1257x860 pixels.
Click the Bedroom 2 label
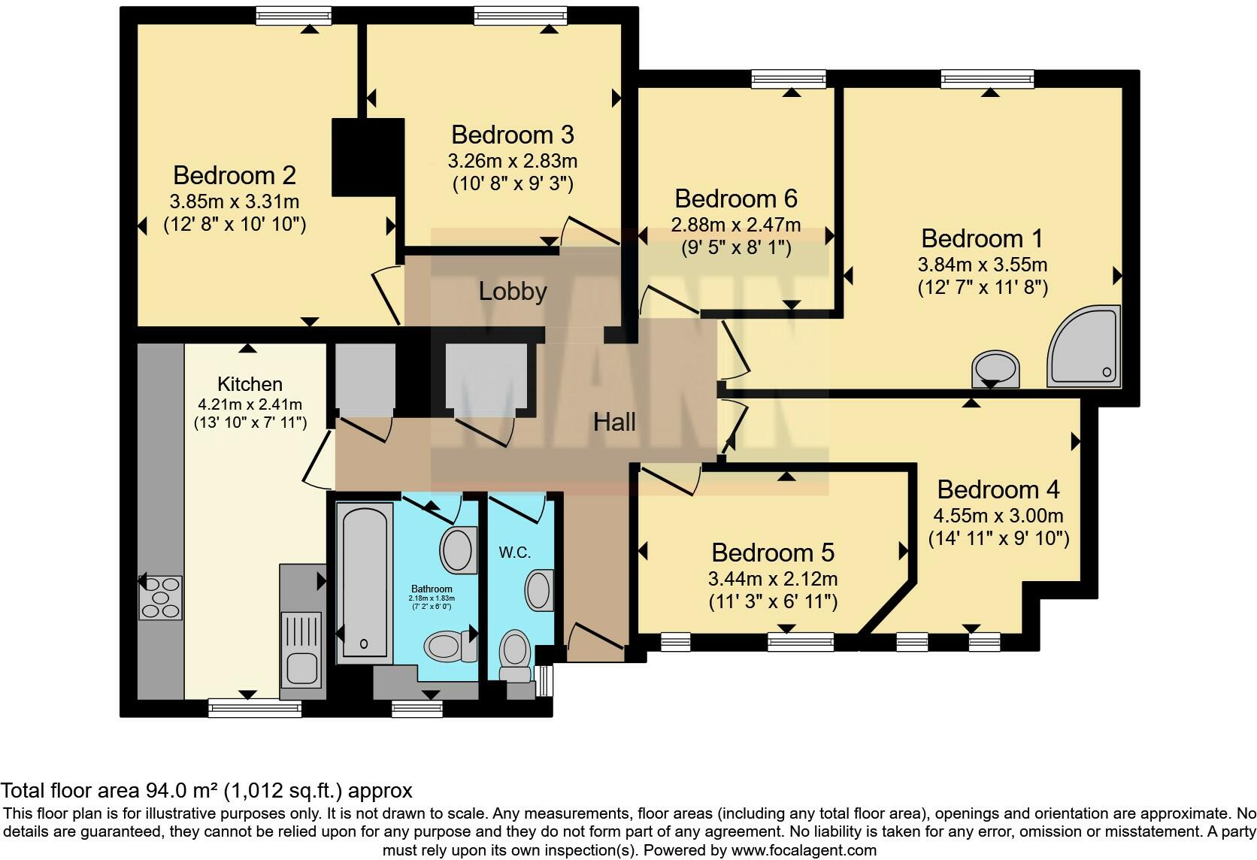[x=234, y=175]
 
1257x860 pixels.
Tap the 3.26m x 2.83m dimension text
[x=512, y=161]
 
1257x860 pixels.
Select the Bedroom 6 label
[x=735, y=198]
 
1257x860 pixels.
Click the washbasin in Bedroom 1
[x=996, y=368]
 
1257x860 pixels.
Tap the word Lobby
[x=512, y=292]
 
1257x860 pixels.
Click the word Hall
[x=614, y=422]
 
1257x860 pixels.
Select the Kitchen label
[x=250, y=384]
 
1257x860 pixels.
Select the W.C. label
[x=514, y=553]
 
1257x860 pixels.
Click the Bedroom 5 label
[x=772, y=553]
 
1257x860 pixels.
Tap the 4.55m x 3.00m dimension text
[x=998, y=516]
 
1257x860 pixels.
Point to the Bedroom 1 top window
[x=986, y=78]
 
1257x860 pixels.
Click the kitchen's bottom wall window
[x=254, y=707]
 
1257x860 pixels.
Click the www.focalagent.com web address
[x=803, y=850]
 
